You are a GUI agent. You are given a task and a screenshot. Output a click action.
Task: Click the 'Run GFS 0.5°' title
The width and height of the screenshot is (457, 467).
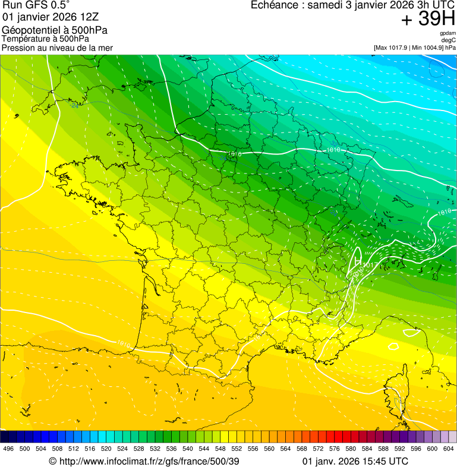point(36,5)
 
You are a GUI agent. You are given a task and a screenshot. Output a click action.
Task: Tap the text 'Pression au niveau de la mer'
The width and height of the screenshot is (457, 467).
point(57,48)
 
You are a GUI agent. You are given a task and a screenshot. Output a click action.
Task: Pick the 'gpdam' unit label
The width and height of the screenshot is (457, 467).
point(448,34)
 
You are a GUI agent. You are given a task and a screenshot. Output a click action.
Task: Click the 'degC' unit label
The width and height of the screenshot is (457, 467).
point(449,40)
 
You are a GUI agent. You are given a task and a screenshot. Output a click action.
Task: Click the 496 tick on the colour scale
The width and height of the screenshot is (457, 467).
point(8,449)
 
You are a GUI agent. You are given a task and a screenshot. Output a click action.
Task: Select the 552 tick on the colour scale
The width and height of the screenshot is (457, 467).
point(236,449)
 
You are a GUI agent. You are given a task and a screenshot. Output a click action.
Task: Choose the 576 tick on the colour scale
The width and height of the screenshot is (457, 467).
point(333,449)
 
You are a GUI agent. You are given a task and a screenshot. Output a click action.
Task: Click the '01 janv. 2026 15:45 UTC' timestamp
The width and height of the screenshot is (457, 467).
point(355,461)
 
